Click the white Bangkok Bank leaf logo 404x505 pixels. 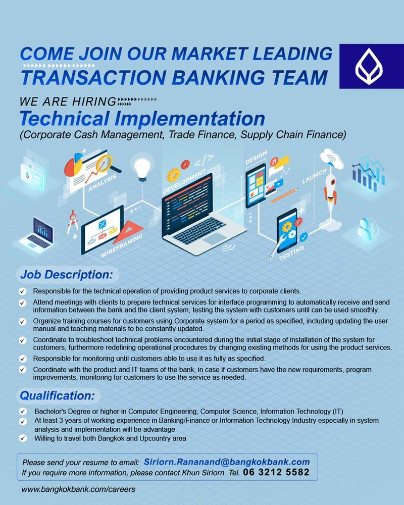pos(369,66)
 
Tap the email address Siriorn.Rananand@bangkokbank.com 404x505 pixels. pos(226,462)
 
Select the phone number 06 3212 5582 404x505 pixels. pos(276,472)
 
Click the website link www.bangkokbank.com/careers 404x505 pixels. pos(78,489)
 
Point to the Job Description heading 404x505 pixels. pos(66,275)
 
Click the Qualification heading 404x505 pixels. pos(58,395)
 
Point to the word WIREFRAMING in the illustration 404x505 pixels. pos(121,246)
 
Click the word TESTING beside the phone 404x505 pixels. pos(291,252)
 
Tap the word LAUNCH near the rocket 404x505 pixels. pos(315,176)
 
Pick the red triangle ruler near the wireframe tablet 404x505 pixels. pos(128,232)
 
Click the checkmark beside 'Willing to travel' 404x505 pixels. pos(23,438)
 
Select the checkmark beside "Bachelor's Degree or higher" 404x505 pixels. pos(23,411)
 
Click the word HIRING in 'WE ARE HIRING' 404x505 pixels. pos(94,102)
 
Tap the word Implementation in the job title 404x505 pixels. pos(190,119)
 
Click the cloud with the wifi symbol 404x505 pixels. pos(332,159)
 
